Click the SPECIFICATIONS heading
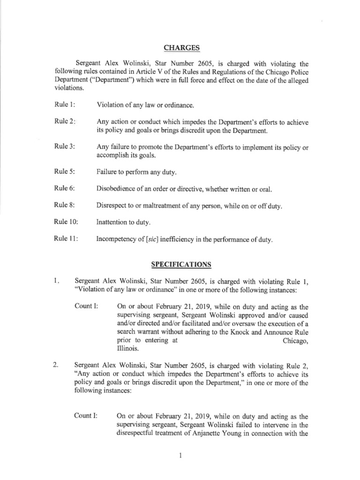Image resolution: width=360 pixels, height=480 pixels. point(180,265)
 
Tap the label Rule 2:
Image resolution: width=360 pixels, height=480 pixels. point(65,121)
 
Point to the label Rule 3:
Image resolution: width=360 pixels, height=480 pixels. point(65,148)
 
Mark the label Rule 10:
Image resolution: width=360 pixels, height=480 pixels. point(66,223)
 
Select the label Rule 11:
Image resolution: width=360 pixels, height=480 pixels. point(66,239)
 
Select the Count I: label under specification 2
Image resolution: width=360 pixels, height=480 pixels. point(86,416)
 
